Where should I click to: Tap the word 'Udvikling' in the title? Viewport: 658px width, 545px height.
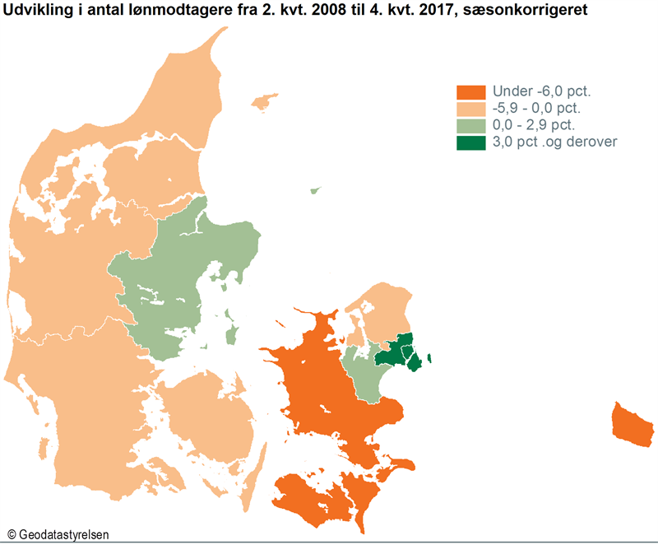(34, 11)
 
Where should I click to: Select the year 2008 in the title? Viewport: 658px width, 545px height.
(307, 11)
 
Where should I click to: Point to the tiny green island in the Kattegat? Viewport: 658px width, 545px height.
(313, 190)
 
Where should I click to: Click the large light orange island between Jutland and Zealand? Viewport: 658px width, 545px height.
(210, 420)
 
